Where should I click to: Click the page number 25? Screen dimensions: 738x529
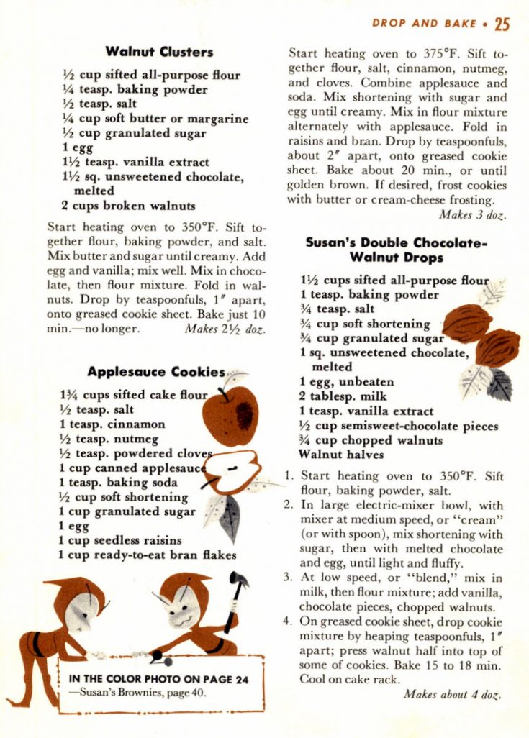[502, 24]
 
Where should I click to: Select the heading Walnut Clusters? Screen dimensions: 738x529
[159, 51]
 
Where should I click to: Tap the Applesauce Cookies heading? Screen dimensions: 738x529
[156, 372]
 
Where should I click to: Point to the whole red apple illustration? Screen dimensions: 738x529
[230, 415]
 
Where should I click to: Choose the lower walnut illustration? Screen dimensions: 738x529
[497, 347]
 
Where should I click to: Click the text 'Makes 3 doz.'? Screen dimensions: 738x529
[472, 214]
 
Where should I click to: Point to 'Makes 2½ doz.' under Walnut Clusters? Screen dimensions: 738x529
[225, 329]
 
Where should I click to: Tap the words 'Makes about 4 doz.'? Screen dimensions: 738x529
[453, 694]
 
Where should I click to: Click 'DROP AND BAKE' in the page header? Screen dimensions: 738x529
[424, 24]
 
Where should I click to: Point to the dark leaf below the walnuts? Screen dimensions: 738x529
[499, 384]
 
